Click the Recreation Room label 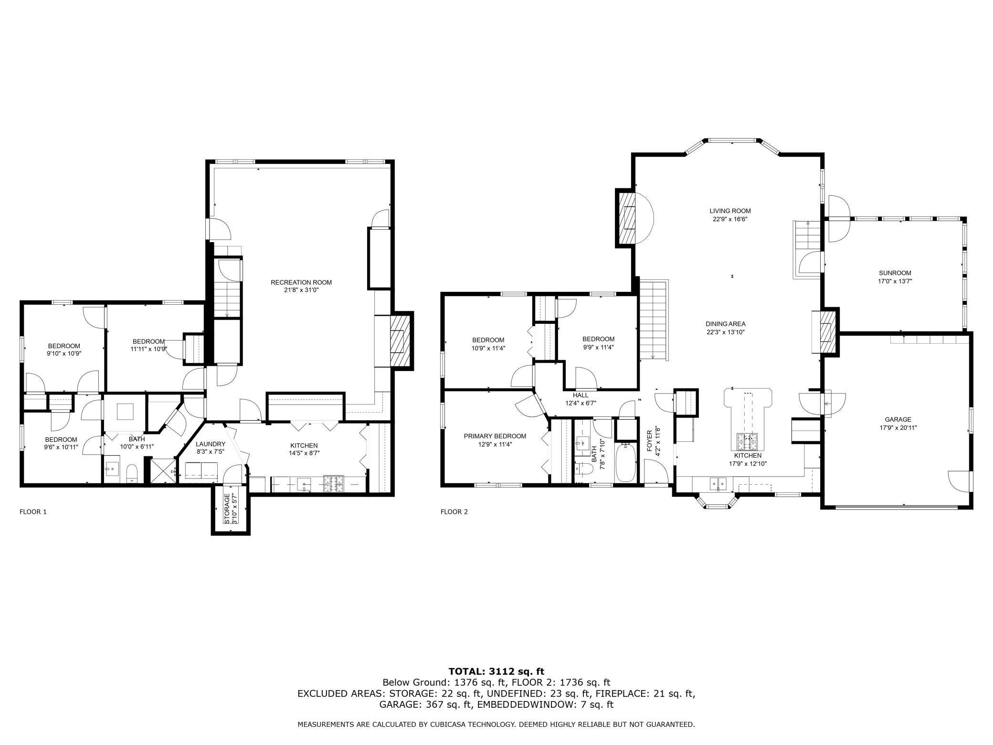(301, 282)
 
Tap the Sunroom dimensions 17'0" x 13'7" (895, 281)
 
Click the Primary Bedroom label (495, 436)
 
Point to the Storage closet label (227, 509)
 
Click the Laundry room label (210, 444)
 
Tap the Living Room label (730, 211)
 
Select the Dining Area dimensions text (726, 332)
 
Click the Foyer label (649, 441)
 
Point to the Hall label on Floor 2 (581, 395)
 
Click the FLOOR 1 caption (33, 512)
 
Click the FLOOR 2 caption (454, 512)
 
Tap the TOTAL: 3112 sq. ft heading (496, 671)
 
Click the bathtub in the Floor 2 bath (625, 462)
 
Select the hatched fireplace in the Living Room (627, 218)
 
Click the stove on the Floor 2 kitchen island (747, 442)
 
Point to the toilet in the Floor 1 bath (132, 473)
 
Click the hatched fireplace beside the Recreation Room (401, 341)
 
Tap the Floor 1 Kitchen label (303, 446)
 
